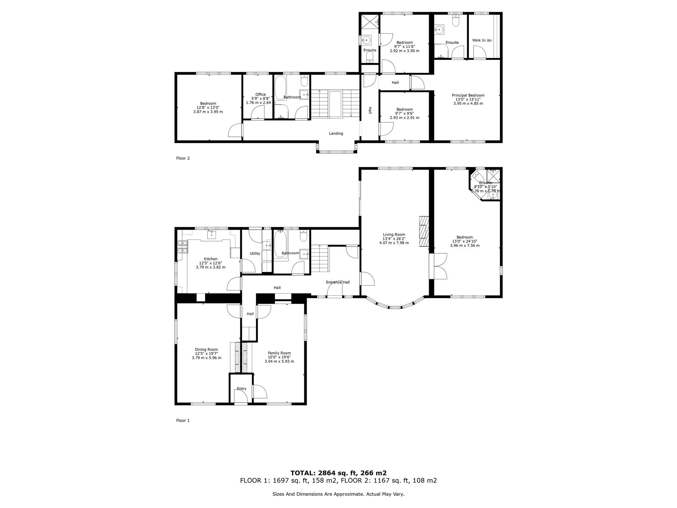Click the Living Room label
pyautogui.click(x=394, y=234)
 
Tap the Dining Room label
pyautogui.click(x=206, y=350)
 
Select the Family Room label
pyautogui.click(x=279, y=353)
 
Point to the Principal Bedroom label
pyautogui.click(x=468, y=95)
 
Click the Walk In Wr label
pyautogui.click(x=482, y=40)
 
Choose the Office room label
pyautogui.click(x=261, y=94)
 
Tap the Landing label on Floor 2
pyautogui.click(x=336, y=133)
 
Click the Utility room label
pyautogui.click(x=255, y=253)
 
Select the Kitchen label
pyautogui.click(x=211, y=259)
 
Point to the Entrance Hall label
pyautogui.click(x=338, y=282)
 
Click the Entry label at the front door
pyautogui.click(x=242, y=388)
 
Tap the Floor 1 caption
pyautogui.click(x=183, y=420)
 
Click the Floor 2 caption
pyautogui.click(x=183, y=158)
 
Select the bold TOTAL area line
pyautogui.click(x=338, y=473)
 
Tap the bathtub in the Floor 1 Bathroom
pyautogui.click(x=280, y=244)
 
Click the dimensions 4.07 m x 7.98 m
pyautogui.click(x=394, y=243)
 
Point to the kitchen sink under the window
pyautogui.click(x=212, y=234)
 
